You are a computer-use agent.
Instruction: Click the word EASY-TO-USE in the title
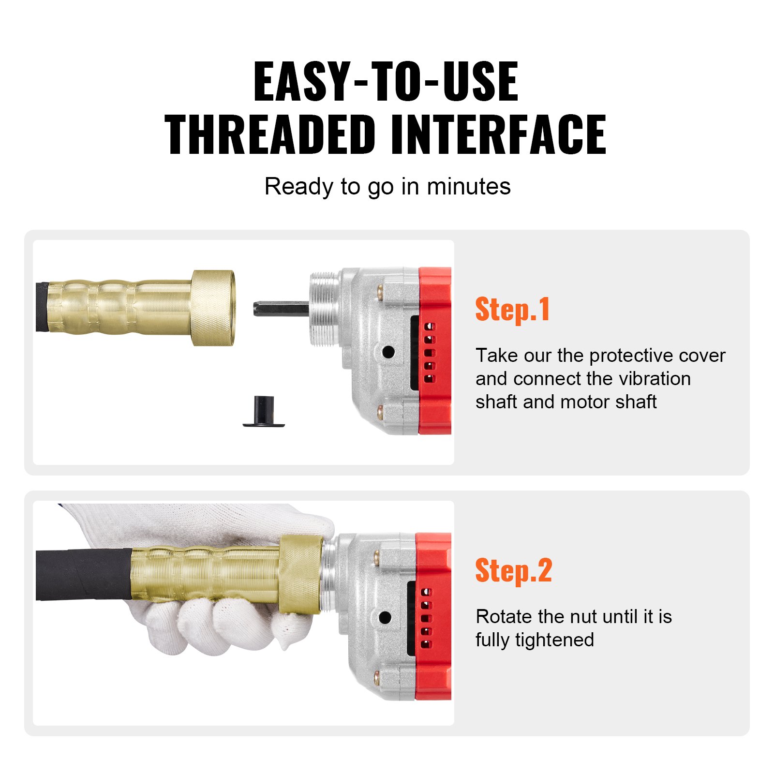click(x=386, y=82)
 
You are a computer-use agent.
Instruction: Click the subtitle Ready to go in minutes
click(x=387, y=187)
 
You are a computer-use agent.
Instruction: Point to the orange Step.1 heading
click(x=512, y=310)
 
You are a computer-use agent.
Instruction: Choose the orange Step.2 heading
click(x=513, y=571)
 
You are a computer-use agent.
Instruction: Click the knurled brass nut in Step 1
click(x=213, y=308)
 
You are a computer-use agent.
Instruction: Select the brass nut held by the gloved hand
click(x=300, y=575)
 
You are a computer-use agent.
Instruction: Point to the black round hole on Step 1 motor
click(x=388, y=352)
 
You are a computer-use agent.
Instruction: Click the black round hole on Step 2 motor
click(x=385, y=617)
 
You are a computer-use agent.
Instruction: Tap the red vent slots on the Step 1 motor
click(x=430, y=352)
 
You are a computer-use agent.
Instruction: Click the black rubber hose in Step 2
click(x=82, y=574)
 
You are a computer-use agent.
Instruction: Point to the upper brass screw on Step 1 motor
click(x=380, y=292)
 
